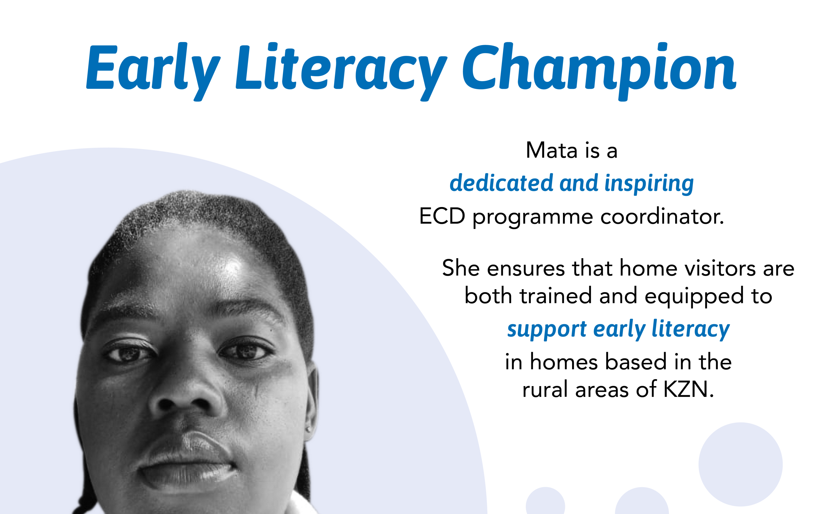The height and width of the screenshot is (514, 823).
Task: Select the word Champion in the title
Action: [599, 71]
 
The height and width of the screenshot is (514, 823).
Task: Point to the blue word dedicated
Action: [501, 183]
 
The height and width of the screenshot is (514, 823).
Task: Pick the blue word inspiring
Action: [649, 184]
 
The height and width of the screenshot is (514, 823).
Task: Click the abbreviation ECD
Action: [442, 216]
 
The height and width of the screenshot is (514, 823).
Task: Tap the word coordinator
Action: [662, 216]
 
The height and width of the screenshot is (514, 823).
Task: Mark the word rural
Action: [545, 389]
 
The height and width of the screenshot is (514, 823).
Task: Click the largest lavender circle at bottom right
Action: [740, 464]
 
